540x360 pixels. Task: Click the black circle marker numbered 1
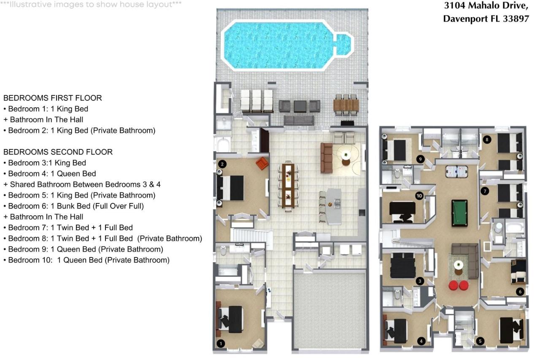[x=220, y=344]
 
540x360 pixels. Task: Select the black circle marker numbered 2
[x=222, y=164]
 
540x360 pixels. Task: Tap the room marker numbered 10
[x=419, y=196]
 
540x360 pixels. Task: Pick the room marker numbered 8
[x=487, y=139]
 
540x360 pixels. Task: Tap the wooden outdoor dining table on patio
[x=346, y=104]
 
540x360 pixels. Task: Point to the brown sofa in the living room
[x=326, y=157]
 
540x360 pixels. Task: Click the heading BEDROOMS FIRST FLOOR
[x=53, y=98]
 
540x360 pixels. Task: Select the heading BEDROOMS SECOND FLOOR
[x=58, y=152]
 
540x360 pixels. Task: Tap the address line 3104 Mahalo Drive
[x=486, y=6]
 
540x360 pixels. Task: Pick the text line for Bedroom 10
[x=86, y=260]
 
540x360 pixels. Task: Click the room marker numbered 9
[x=420, y=159]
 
